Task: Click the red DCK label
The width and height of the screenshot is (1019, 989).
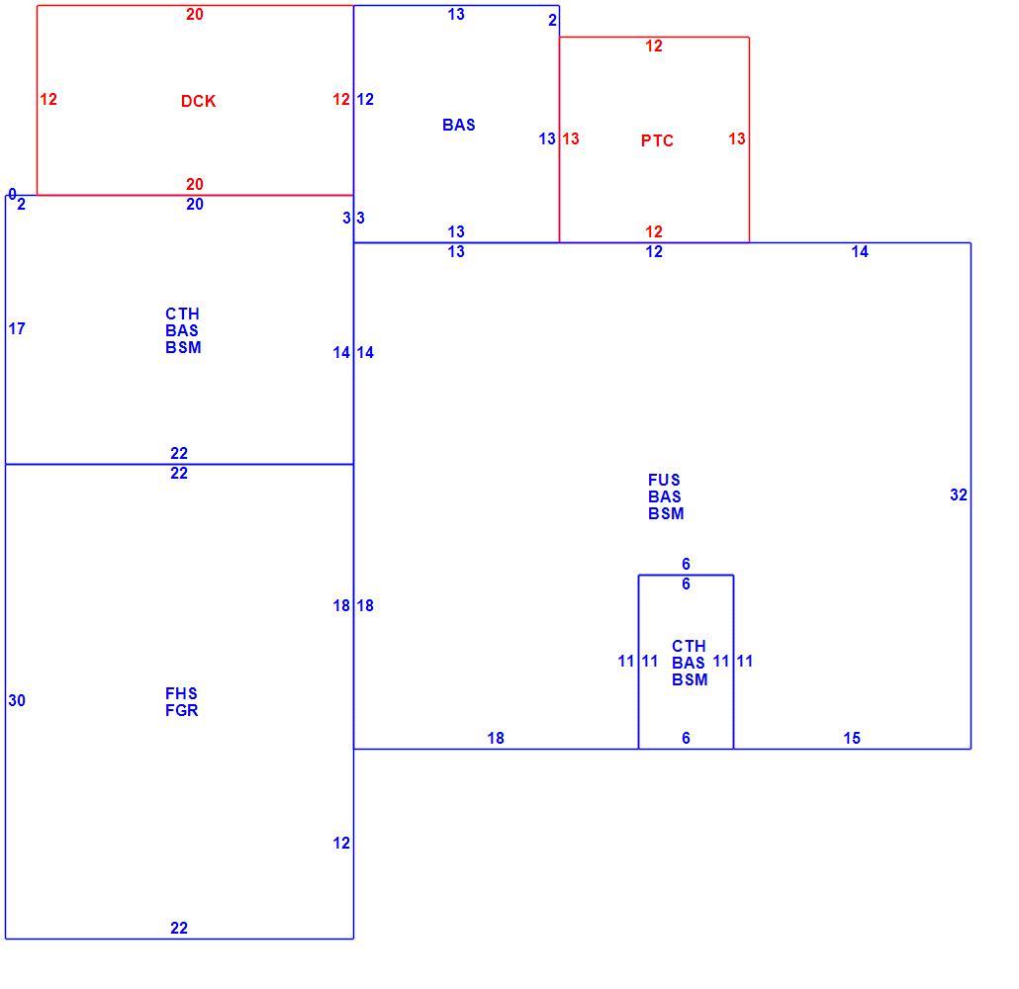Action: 198,101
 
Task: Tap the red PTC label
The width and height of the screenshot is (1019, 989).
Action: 657,141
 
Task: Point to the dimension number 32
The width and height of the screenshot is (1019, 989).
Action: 959,495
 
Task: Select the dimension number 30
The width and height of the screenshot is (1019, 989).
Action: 17,700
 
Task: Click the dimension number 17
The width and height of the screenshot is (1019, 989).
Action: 17,328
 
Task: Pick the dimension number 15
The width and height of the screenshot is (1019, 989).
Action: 852,738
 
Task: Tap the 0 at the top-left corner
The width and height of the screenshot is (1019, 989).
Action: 12,194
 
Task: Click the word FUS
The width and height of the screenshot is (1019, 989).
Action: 664,481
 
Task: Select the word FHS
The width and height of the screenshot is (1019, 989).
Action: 181,693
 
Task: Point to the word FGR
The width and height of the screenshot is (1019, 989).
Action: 181,710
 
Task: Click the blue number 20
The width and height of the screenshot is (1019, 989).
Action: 195,204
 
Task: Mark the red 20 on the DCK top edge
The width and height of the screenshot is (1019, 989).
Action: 195,14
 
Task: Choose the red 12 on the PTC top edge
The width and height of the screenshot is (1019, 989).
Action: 654,46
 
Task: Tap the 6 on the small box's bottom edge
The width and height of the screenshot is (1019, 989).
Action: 686,738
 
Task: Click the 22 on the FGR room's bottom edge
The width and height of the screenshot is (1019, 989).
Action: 179,928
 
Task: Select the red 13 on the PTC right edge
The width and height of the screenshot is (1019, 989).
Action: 737,139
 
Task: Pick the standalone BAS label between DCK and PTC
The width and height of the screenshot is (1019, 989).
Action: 459,125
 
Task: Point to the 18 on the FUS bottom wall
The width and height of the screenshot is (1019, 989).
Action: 496,738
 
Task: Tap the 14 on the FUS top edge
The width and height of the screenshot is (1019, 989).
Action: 860,251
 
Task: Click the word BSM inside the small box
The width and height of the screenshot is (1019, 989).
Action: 690,679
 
